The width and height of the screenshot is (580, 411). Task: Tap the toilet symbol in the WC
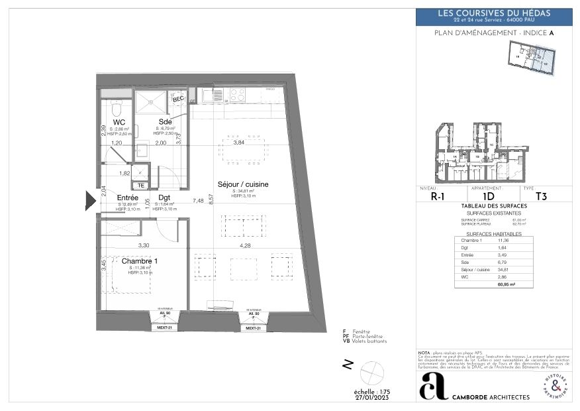tap(116, 107)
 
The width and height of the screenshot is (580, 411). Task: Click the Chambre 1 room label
tap(140, 261)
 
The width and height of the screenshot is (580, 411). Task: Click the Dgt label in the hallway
tap(164, 197)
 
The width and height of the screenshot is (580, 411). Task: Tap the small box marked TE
tap(140, 186)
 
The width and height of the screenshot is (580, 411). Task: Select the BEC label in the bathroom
tap(178, 98)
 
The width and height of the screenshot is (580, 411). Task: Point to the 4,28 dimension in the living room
tap(244, 245)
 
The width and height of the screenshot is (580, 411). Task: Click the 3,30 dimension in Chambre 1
tap(143, 245)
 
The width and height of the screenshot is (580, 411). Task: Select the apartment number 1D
tap(488, 196)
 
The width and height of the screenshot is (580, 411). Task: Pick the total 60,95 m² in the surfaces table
tap(506, 284)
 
